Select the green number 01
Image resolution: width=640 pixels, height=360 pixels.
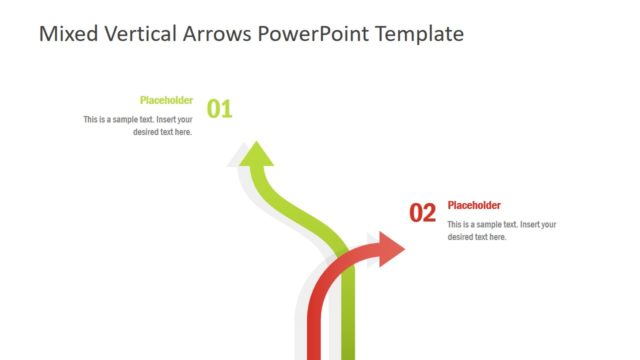(x=219, y=109)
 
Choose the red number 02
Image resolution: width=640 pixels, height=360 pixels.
(x=423, y=213)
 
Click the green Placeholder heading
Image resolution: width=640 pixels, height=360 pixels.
(x=166, y=100)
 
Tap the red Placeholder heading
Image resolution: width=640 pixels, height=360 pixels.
(x=474, y=205)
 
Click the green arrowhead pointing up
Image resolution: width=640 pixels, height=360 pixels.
(x=258, y=155)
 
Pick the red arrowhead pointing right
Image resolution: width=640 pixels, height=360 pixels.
(x=390, y=250)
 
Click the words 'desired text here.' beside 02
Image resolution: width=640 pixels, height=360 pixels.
(x=477, y=237)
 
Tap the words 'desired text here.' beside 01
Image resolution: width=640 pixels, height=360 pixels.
(x=162, y=131)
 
